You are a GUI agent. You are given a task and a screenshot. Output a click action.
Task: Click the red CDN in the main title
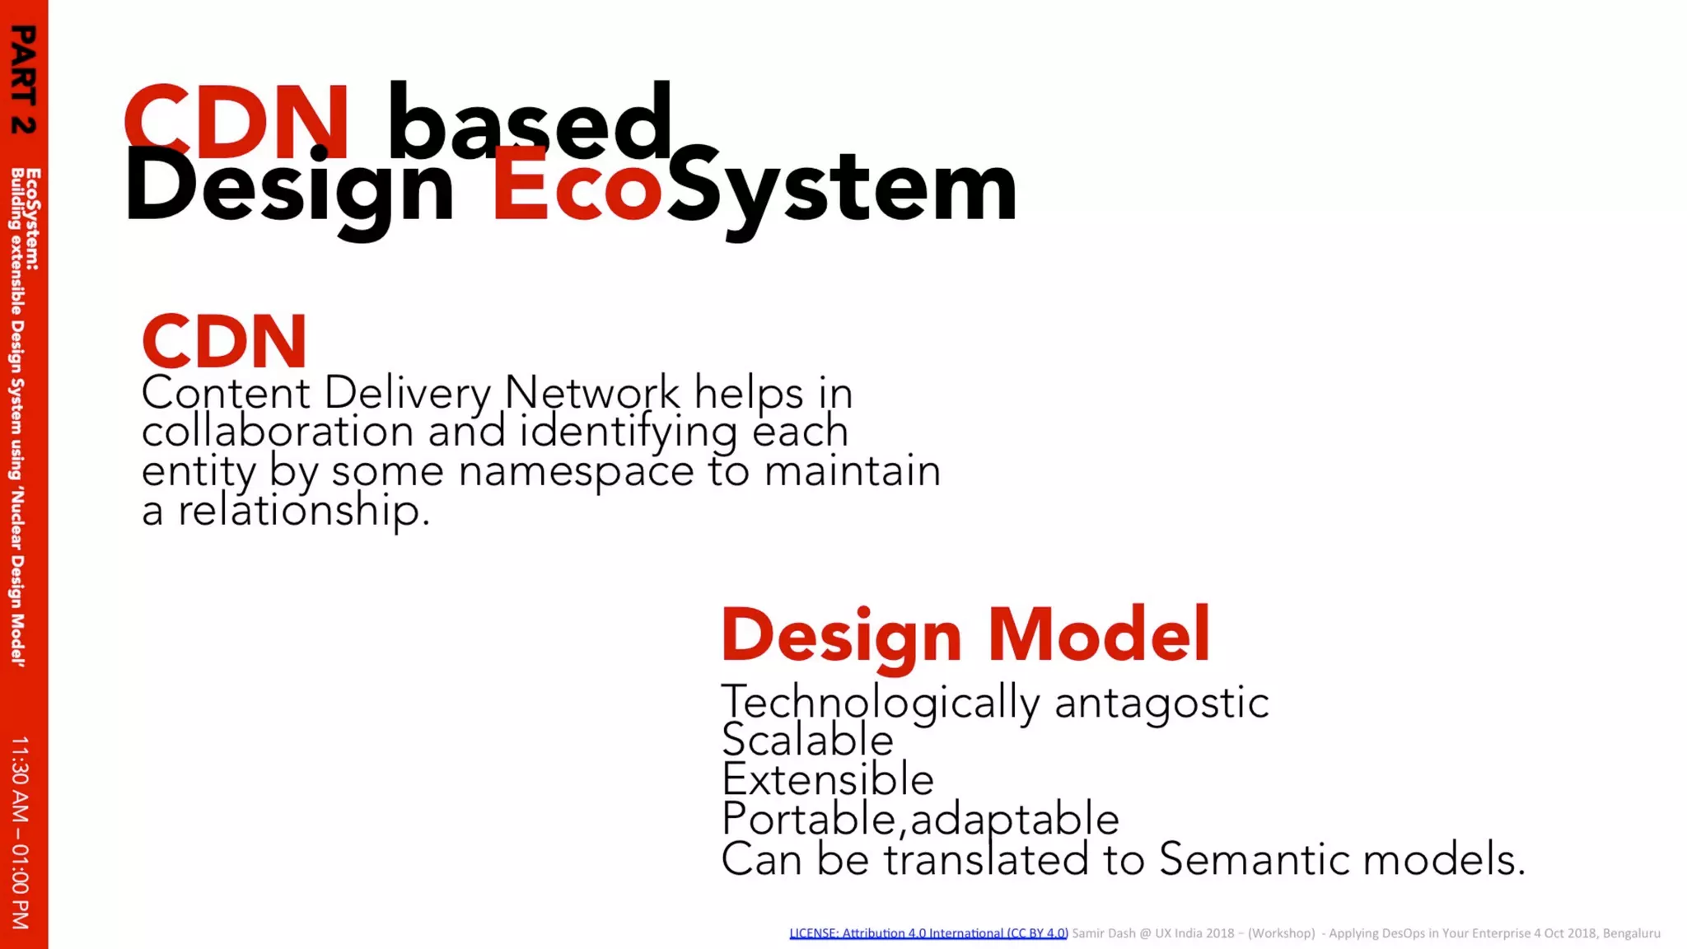tap(237, 122)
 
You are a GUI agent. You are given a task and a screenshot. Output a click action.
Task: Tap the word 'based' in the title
tap(530, 122)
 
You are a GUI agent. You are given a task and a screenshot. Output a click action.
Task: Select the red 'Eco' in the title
tap(577, 188)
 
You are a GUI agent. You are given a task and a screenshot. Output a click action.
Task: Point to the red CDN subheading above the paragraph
tap(224, 341)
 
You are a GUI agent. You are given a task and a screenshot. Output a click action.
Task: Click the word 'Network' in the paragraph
tap(591, 392)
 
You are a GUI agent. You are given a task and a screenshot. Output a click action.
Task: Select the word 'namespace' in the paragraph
tap(576, 471)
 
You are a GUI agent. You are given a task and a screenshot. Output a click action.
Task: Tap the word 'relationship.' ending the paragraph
tap(304, 510)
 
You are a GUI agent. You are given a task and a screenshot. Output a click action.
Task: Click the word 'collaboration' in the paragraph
tap(278, 432)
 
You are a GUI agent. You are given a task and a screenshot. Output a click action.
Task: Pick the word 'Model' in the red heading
tap(1098, 634)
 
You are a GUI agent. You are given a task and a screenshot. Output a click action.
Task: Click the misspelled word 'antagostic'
tap(1161, 703)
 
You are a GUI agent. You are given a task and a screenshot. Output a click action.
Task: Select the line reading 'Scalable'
tap(807, 740)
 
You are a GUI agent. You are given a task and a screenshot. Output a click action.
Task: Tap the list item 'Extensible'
tap(827, 779)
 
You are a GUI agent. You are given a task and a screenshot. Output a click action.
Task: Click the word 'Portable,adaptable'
tap(920, 819)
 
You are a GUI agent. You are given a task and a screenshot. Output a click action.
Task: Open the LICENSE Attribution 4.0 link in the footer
tap(928, 933)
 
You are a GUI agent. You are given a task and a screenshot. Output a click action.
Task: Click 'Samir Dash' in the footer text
tap(1103, 933)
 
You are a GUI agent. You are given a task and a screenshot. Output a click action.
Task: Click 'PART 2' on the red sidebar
tap(24, 79)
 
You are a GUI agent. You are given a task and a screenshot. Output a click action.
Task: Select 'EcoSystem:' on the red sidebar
tap(33, 219)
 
